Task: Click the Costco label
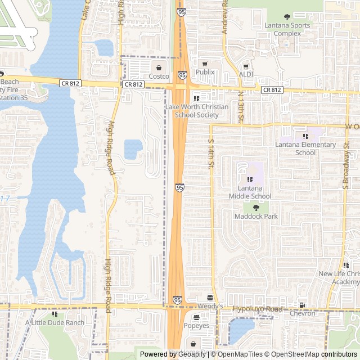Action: coord(159,76)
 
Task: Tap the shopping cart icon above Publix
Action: coord(205,64)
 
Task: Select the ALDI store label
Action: coord(246,74)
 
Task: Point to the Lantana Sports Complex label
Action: coord(287,29)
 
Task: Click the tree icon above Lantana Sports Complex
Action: coord(287,17)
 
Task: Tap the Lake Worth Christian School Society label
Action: coord(196,111)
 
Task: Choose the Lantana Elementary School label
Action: coord(305,148)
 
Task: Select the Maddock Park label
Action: coord(256,217)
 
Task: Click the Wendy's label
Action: coord(210,307)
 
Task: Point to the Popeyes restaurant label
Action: coord(197,326)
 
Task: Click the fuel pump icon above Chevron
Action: coord(303,305)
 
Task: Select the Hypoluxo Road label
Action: coord(258,309)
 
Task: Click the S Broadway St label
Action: coord(346,164)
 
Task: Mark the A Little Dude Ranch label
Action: coord(55,323)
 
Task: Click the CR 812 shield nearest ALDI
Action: coord(272,90)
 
